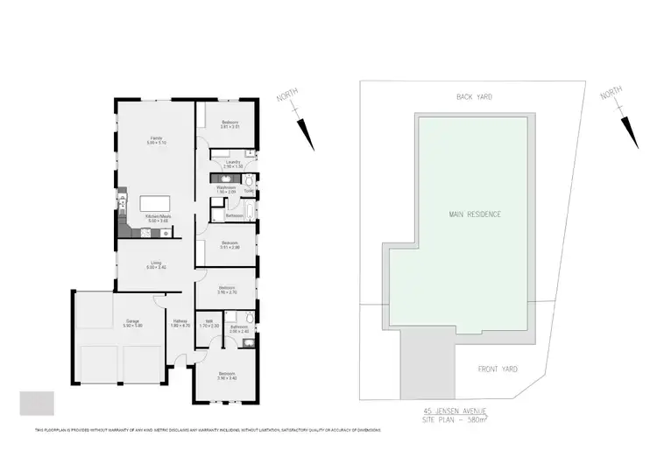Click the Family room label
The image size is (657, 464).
tap(155, 139)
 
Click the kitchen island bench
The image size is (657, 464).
tap(158, 204)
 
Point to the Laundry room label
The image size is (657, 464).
tap(232, 163)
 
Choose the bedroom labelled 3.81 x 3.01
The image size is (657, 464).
tap(230, 123)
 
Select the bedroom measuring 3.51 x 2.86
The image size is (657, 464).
tap(230, 244)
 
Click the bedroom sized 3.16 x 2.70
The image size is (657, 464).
tap(226, 289)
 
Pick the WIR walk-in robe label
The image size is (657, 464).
tap(208, 323)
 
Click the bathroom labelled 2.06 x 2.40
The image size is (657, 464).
tap(239, 329)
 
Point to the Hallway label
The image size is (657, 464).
tap(180, 323)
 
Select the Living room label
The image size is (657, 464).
tap(156, 264)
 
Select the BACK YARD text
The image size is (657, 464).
tap(473, 98)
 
